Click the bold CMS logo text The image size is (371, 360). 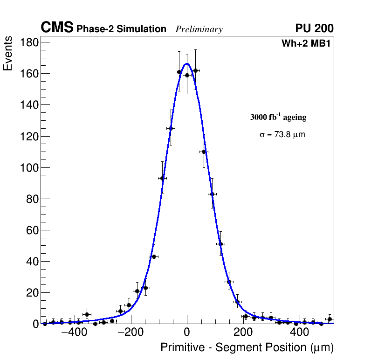tap(57, 28)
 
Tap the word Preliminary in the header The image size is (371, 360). tap(199, 29)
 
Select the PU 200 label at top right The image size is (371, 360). tap(314, 28)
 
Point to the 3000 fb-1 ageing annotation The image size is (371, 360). tap(278, 117)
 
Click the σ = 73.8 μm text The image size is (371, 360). tap(282, 135)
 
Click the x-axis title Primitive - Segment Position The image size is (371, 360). tap(247, 347)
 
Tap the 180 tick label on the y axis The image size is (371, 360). tap(29, 42)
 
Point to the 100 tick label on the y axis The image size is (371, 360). tap(29, 167)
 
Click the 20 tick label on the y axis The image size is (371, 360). tap(32, 292)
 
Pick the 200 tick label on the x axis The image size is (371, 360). tap(243, 333)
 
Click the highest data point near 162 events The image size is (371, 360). tap(195, 70)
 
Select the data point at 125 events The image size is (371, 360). tap(171, 128)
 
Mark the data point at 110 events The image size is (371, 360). tap(204, 152)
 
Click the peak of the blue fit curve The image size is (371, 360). tap(187, 64)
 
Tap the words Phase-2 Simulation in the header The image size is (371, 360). tap(121, 29)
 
